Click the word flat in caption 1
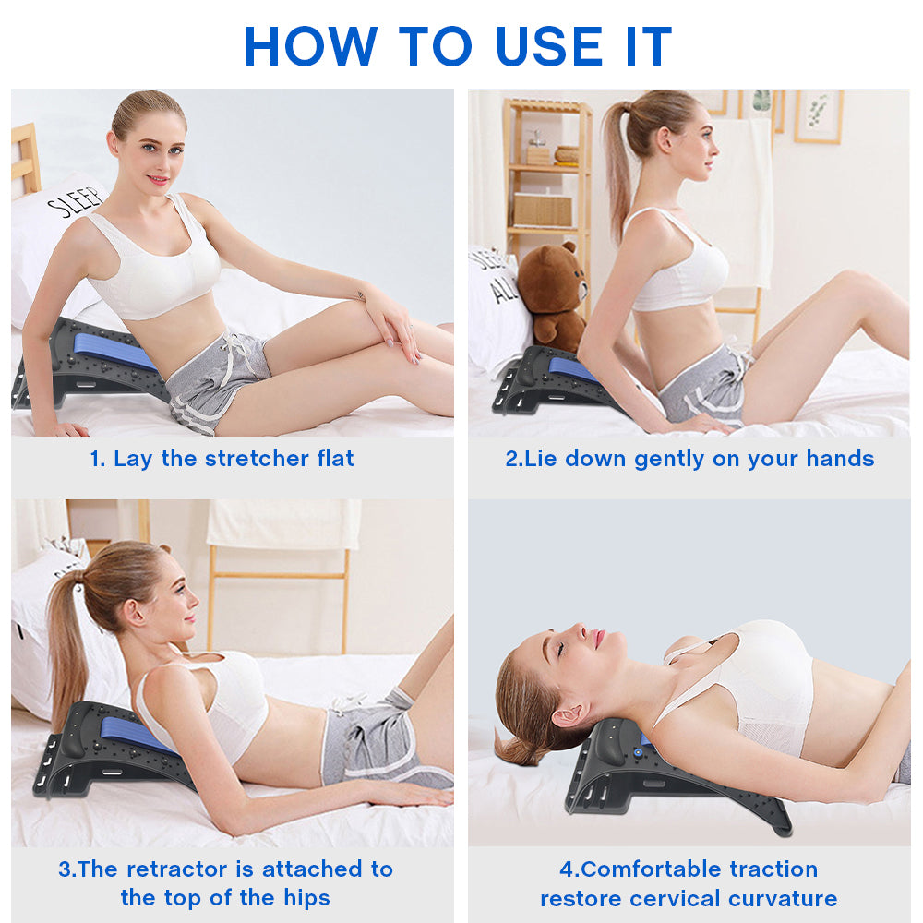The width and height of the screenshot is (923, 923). tap(330, 459)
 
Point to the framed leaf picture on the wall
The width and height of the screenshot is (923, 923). tap(818, 116)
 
